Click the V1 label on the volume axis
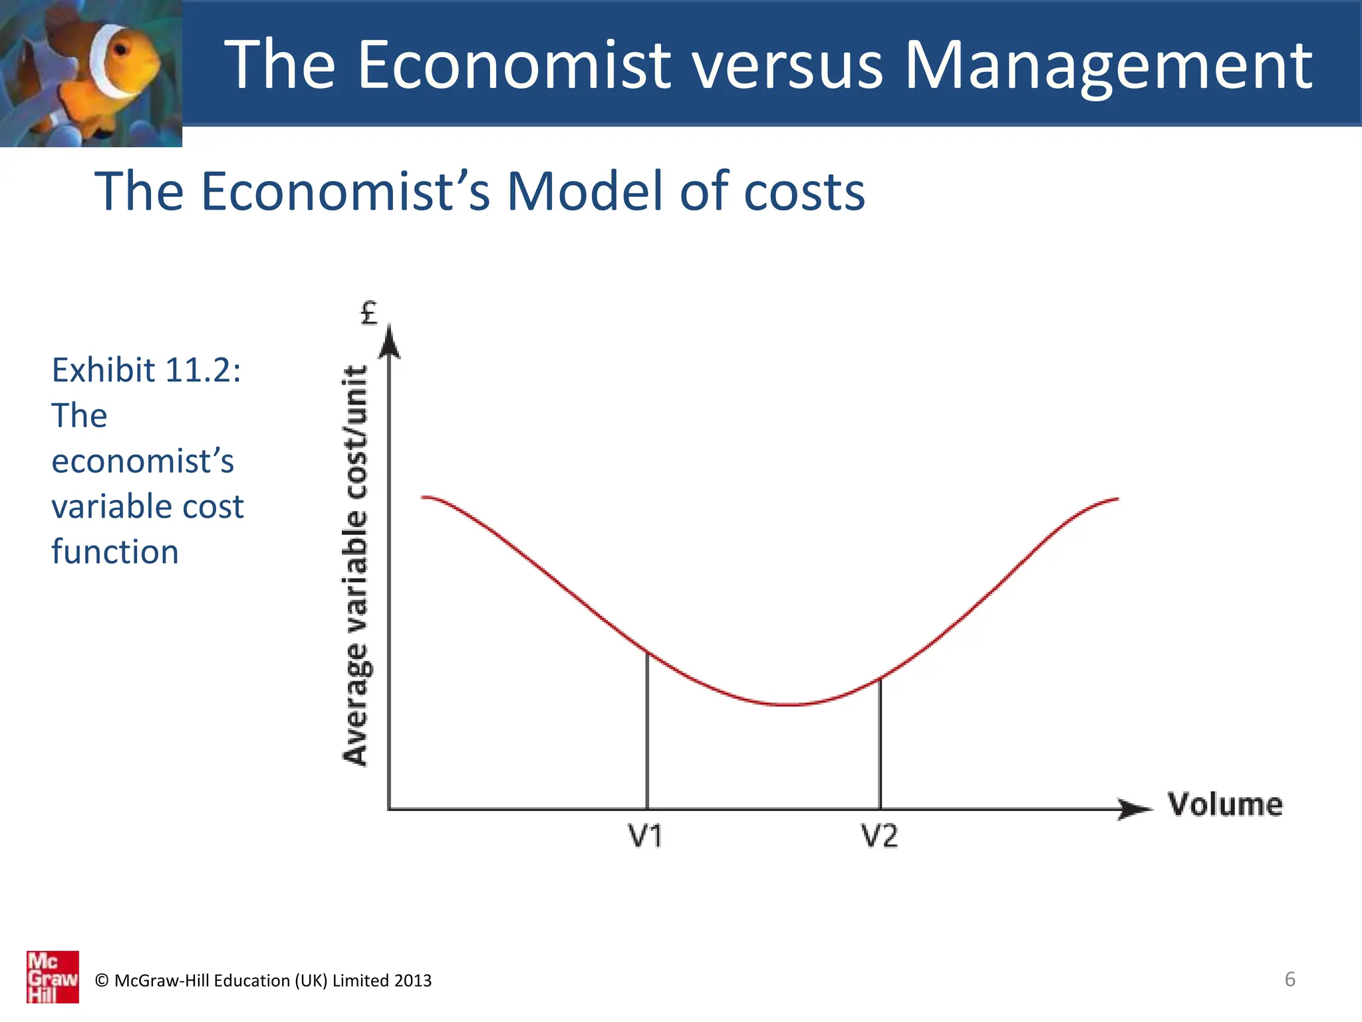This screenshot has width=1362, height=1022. pyautogui.click(x=645, y=836)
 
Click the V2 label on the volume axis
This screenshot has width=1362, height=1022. pyautogui.click(x=879, y=836)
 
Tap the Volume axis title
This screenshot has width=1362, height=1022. pyautogui.click(x=1225, y=804)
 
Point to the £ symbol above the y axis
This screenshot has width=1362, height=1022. pyautogui.click(x=368, y=313)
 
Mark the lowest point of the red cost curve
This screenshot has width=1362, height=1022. pyautogui.click(x=788, y=704)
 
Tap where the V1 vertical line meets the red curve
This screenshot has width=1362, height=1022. pyautogui.click(x=647, y=651)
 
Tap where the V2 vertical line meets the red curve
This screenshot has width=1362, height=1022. pyautogui.click(x=880, y=679)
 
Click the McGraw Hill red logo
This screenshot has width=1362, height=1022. pyautogui.click(x=53, y=976)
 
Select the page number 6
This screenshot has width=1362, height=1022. pyautogui.click(x=1290, y=979)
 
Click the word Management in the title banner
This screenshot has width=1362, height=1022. pyautogui.click(x=1109, y=65)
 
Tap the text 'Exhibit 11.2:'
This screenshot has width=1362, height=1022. pyautogui.click(x=146, y=370)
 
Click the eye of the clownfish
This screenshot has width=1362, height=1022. pyautogui.click(x=121, y=50)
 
